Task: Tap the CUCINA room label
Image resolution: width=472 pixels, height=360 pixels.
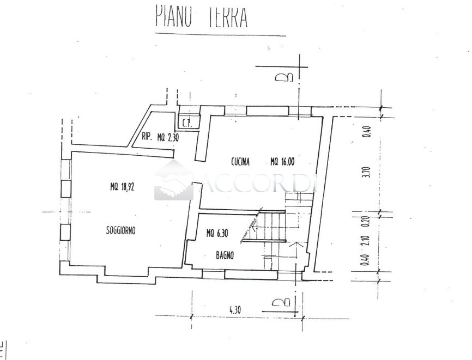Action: tap(240, 161)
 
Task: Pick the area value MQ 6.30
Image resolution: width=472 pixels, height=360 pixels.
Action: tap(217, 234)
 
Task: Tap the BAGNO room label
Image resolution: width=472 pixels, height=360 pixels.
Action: tap(225, 254)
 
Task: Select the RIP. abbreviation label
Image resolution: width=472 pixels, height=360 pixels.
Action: tap(147, 137)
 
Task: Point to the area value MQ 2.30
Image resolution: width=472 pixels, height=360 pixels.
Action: tap(168, 137)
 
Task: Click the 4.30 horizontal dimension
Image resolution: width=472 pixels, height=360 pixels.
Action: tap(235, 310)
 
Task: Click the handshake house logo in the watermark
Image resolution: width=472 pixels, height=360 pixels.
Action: tap(173, 181)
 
